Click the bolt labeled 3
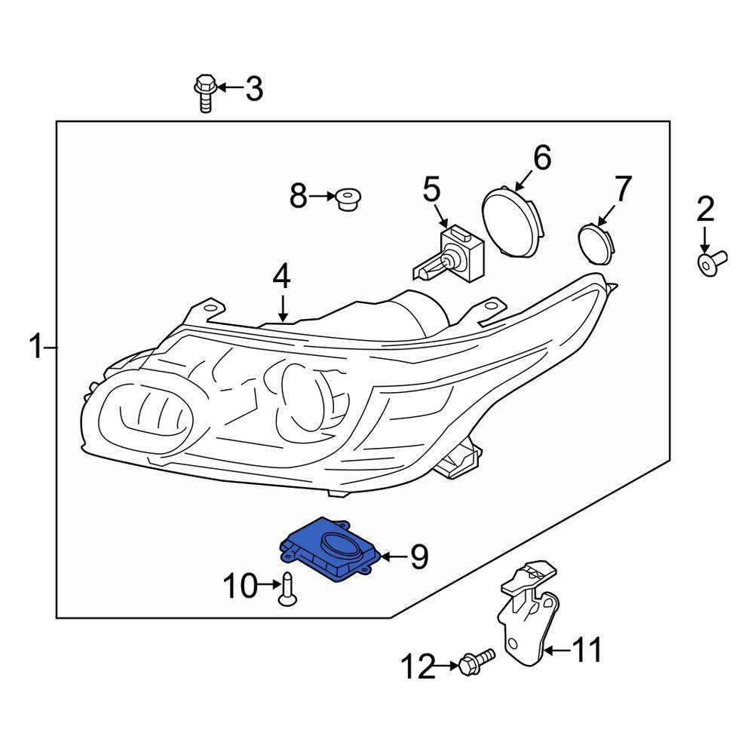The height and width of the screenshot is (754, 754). point(204,92)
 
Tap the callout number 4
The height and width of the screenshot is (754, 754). point(281,277)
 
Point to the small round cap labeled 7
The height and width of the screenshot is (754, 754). point(596,241)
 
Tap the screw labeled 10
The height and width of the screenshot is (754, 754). point(287,588)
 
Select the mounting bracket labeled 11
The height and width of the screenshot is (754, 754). point(528,618)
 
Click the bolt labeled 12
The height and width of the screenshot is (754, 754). point(475,662)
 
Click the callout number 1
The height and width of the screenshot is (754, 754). point(35,348)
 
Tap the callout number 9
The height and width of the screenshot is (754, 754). point(418,557)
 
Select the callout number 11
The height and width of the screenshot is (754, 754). point(586,649)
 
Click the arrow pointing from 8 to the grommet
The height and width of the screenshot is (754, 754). point(323,197)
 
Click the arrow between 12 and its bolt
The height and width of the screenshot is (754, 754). point(446,665)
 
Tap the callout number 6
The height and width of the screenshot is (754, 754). point(541,158)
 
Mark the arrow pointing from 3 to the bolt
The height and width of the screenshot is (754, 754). point(230,89)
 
